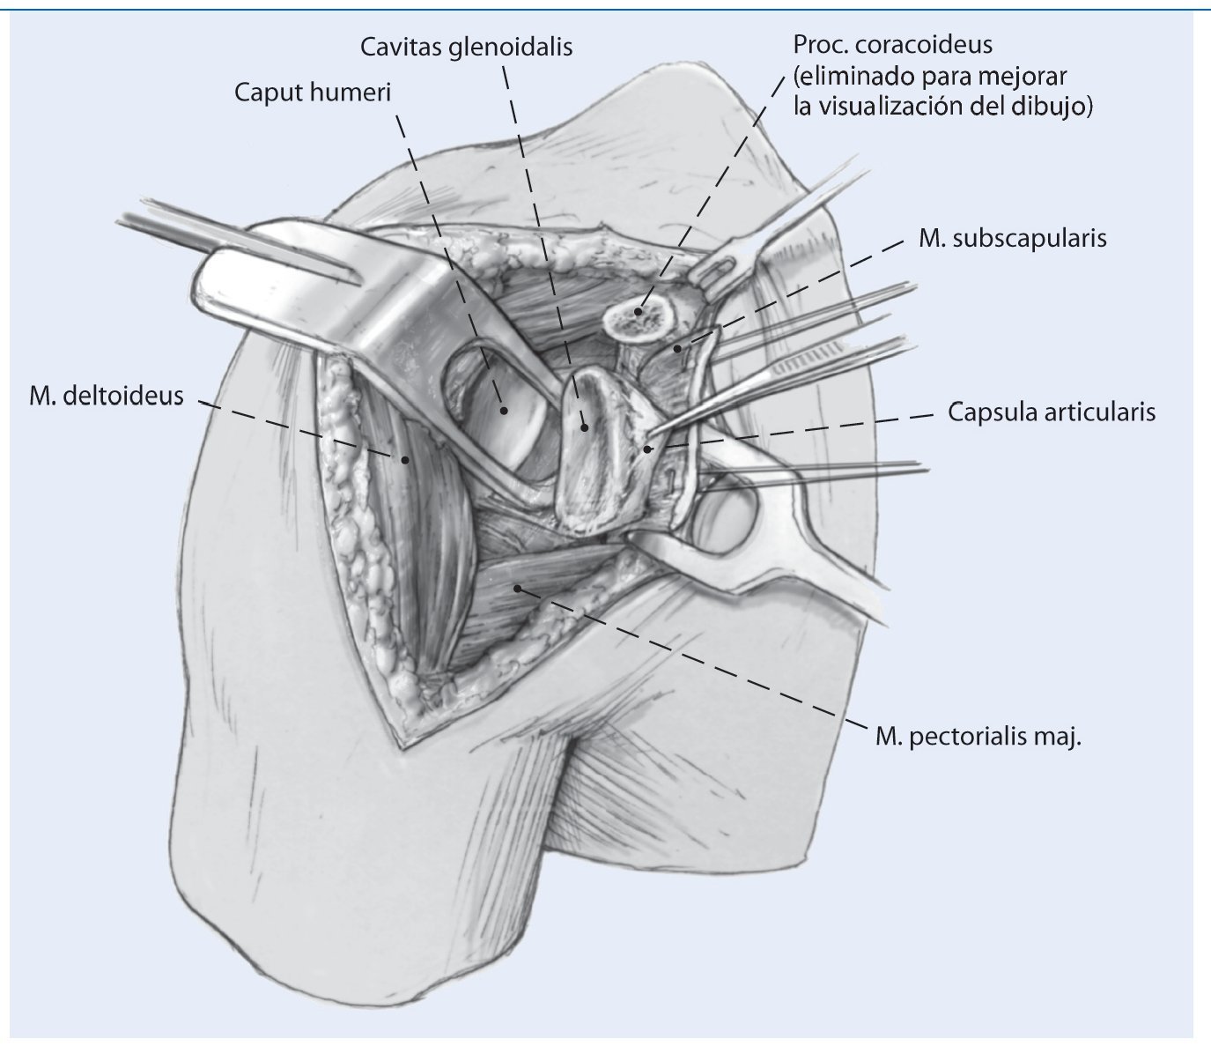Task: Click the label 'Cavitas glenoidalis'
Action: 466,47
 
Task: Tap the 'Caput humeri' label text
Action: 311,93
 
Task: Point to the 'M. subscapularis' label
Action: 1012,238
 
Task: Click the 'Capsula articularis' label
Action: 1051,412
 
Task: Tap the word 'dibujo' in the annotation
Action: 1060,107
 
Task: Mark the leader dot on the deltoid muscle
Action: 406,458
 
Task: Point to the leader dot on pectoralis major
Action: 518,588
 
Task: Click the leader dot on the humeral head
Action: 504,410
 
